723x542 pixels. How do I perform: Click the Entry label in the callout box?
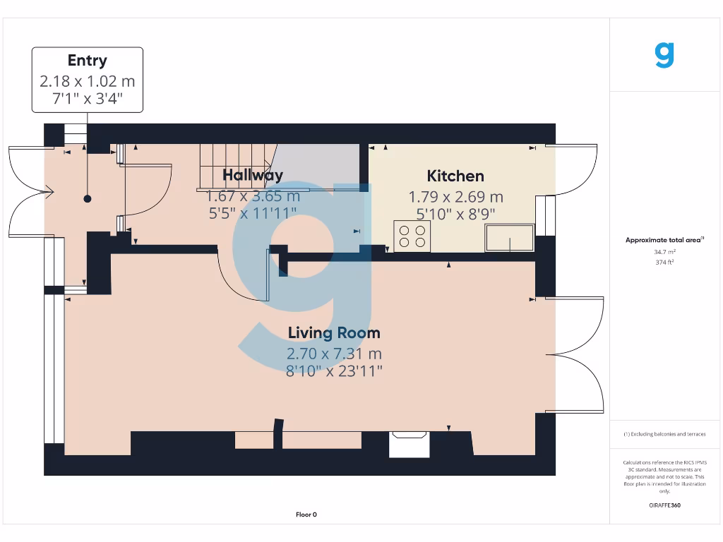tap(87, 61)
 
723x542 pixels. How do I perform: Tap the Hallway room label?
tap(253, 175)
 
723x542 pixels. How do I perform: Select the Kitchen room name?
tap(455, 176)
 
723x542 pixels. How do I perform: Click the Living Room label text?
tap(334, 333)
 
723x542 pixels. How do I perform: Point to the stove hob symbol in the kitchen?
tap(412, 236)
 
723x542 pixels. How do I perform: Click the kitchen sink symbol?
tap(510, 239)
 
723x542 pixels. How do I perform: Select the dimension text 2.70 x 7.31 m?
tap(334, 354)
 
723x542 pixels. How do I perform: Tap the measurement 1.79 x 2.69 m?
tap(455, 197)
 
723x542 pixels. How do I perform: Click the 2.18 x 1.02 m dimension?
tap(87, 80)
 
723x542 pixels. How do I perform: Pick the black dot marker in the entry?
tap(88, 199)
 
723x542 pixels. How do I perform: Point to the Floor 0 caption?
tap(306, 514)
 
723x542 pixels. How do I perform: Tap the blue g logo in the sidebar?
tap(664, 55)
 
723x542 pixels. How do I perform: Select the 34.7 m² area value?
tap(664, 251)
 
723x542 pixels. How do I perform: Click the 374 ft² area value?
tap(664, 262)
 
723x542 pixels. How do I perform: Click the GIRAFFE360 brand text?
tap(664, 505)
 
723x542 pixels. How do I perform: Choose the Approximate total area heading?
tap(664, 240)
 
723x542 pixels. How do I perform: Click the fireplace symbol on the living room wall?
tap(410, 445)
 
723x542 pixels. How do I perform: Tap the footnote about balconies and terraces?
tap(664, 434)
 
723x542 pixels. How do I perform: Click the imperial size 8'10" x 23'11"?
tap(334, 371)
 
